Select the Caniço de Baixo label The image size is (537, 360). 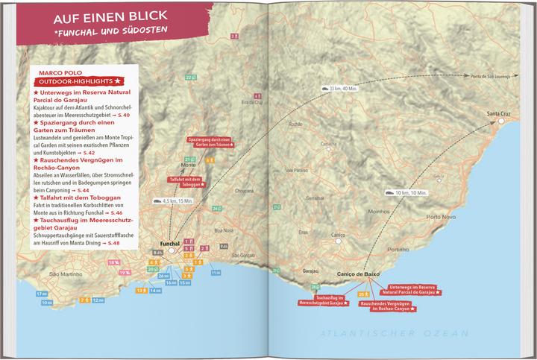359,274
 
